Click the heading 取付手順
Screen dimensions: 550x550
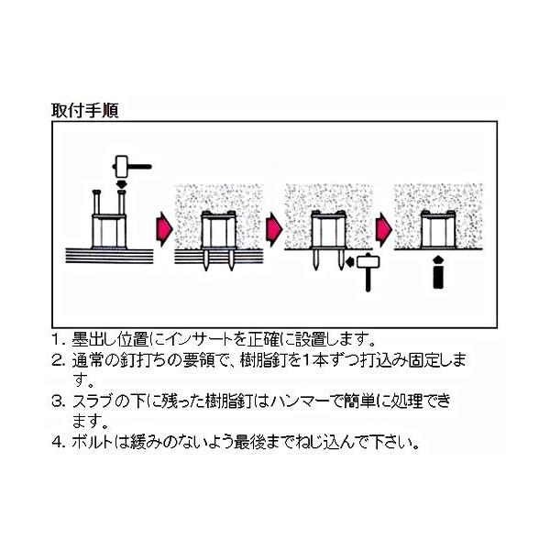click(85, 110)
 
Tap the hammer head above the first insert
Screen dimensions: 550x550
click(121, 166)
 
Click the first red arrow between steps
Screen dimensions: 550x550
click(164, 228)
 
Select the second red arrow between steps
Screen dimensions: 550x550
click(274, 228)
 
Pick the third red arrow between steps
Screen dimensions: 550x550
click(384, 228)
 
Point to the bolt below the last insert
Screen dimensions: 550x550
click(438, 277)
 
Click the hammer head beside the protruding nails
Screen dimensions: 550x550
click(368, 261)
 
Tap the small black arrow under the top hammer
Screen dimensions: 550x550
click(121, 184)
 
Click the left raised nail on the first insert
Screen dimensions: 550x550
click(96, 203)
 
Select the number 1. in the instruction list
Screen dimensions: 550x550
click(58, 339)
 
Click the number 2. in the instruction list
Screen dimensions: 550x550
click(58, 361)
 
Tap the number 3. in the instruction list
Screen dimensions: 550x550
click(58, 401)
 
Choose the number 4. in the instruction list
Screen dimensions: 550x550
click(58, 442)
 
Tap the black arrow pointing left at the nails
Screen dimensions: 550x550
click(350, 261)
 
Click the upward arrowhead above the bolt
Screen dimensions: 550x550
click(438, 260)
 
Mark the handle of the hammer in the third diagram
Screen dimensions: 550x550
click(368, 280)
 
